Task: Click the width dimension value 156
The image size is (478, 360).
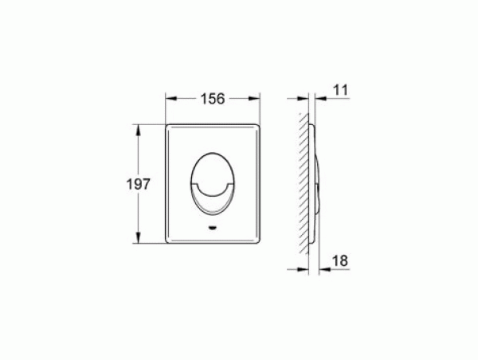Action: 213,99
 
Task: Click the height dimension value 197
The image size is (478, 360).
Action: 139,184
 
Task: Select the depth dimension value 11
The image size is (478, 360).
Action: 340,90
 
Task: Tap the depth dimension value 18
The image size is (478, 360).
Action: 340,260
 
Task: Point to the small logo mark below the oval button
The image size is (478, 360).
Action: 213,228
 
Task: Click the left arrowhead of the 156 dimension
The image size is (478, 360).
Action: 170,99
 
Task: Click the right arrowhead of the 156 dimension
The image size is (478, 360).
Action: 255,99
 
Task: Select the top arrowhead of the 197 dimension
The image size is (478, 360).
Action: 138,130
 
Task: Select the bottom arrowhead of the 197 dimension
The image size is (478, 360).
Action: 138,237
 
